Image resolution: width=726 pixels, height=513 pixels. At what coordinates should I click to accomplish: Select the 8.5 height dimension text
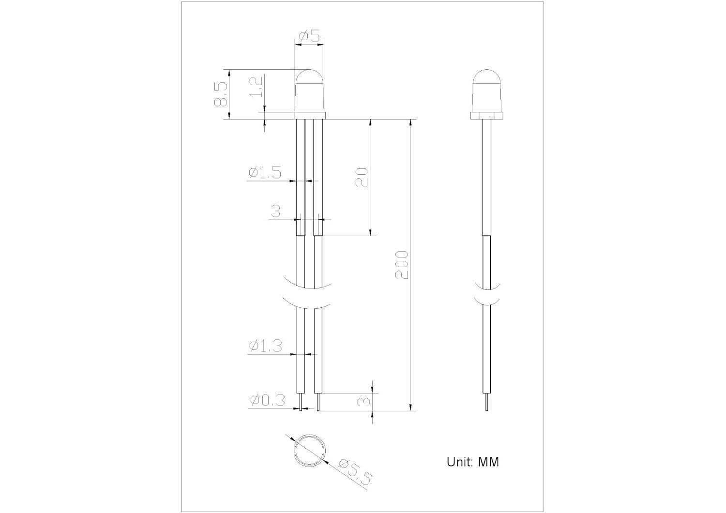(221, 94)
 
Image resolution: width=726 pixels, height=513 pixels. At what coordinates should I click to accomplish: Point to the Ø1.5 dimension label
(265, 172)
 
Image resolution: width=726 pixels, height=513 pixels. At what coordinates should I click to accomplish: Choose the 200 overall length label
(402, 264)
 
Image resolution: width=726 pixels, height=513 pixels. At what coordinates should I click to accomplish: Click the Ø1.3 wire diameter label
(265, 346)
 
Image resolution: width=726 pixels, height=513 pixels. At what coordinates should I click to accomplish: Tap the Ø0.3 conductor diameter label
(268, 401)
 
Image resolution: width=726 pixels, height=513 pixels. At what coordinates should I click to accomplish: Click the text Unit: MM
(473, 462)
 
